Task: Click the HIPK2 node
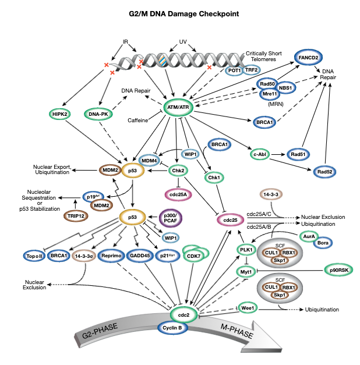coord(61,114)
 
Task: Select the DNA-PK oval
coord(98,114)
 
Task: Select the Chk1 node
coord(215,176)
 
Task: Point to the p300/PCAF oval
coord(174,218)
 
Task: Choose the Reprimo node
coord(110,256)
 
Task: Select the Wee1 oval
coord(247,307)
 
